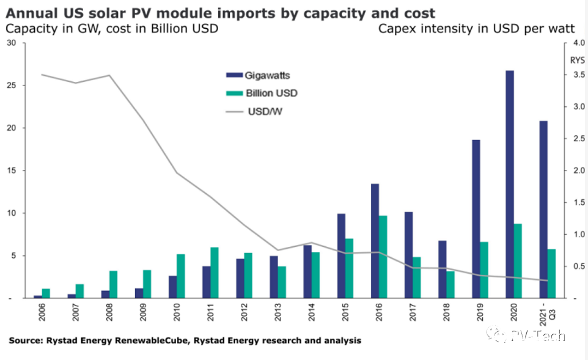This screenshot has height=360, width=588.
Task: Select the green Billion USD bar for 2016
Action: pos(382,257)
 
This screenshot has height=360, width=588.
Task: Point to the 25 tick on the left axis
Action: pos(12,85)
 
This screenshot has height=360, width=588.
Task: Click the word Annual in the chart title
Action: pos(28,13)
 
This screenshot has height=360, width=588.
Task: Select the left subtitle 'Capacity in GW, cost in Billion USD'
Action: pos(112,28)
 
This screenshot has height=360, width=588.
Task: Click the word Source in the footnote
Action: pos(24,340)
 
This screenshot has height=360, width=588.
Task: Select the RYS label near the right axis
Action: pos(577,60)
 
